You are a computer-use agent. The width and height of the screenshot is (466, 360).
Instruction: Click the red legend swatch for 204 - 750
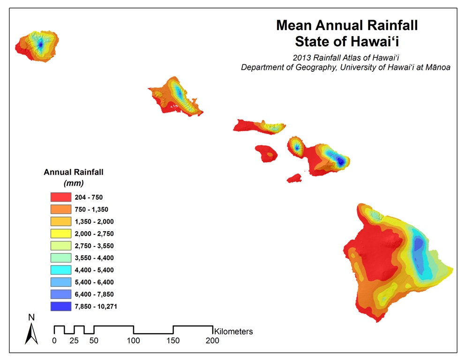(x=61, y=197)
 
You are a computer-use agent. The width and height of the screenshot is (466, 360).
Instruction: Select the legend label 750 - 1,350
(x=91, y=210)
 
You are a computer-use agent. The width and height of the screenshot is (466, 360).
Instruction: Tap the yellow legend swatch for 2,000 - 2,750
(x=61, y=233)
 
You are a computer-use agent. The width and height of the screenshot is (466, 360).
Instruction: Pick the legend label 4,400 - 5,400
(x=94, y=270)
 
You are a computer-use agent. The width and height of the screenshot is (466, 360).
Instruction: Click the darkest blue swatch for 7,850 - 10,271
(x=61, y=307)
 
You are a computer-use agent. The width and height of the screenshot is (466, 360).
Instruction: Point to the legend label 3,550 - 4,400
(x=94, y=258)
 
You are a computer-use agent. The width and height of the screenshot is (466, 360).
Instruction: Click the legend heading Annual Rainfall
(x=74, y=172)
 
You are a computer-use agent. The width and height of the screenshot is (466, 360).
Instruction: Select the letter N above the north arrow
(x=31, y=317)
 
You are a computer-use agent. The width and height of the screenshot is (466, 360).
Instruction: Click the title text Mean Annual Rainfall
(x=346, y=25)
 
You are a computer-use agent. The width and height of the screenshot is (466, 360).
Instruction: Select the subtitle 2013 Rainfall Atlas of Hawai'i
(x=346, y=58)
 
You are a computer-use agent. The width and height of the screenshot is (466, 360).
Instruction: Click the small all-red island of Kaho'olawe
(x=294, y=178)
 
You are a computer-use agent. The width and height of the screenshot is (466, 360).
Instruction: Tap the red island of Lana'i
(x=266, y=152)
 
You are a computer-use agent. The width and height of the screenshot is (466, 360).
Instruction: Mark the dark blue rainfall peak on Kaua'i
(x=40, y=45)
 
